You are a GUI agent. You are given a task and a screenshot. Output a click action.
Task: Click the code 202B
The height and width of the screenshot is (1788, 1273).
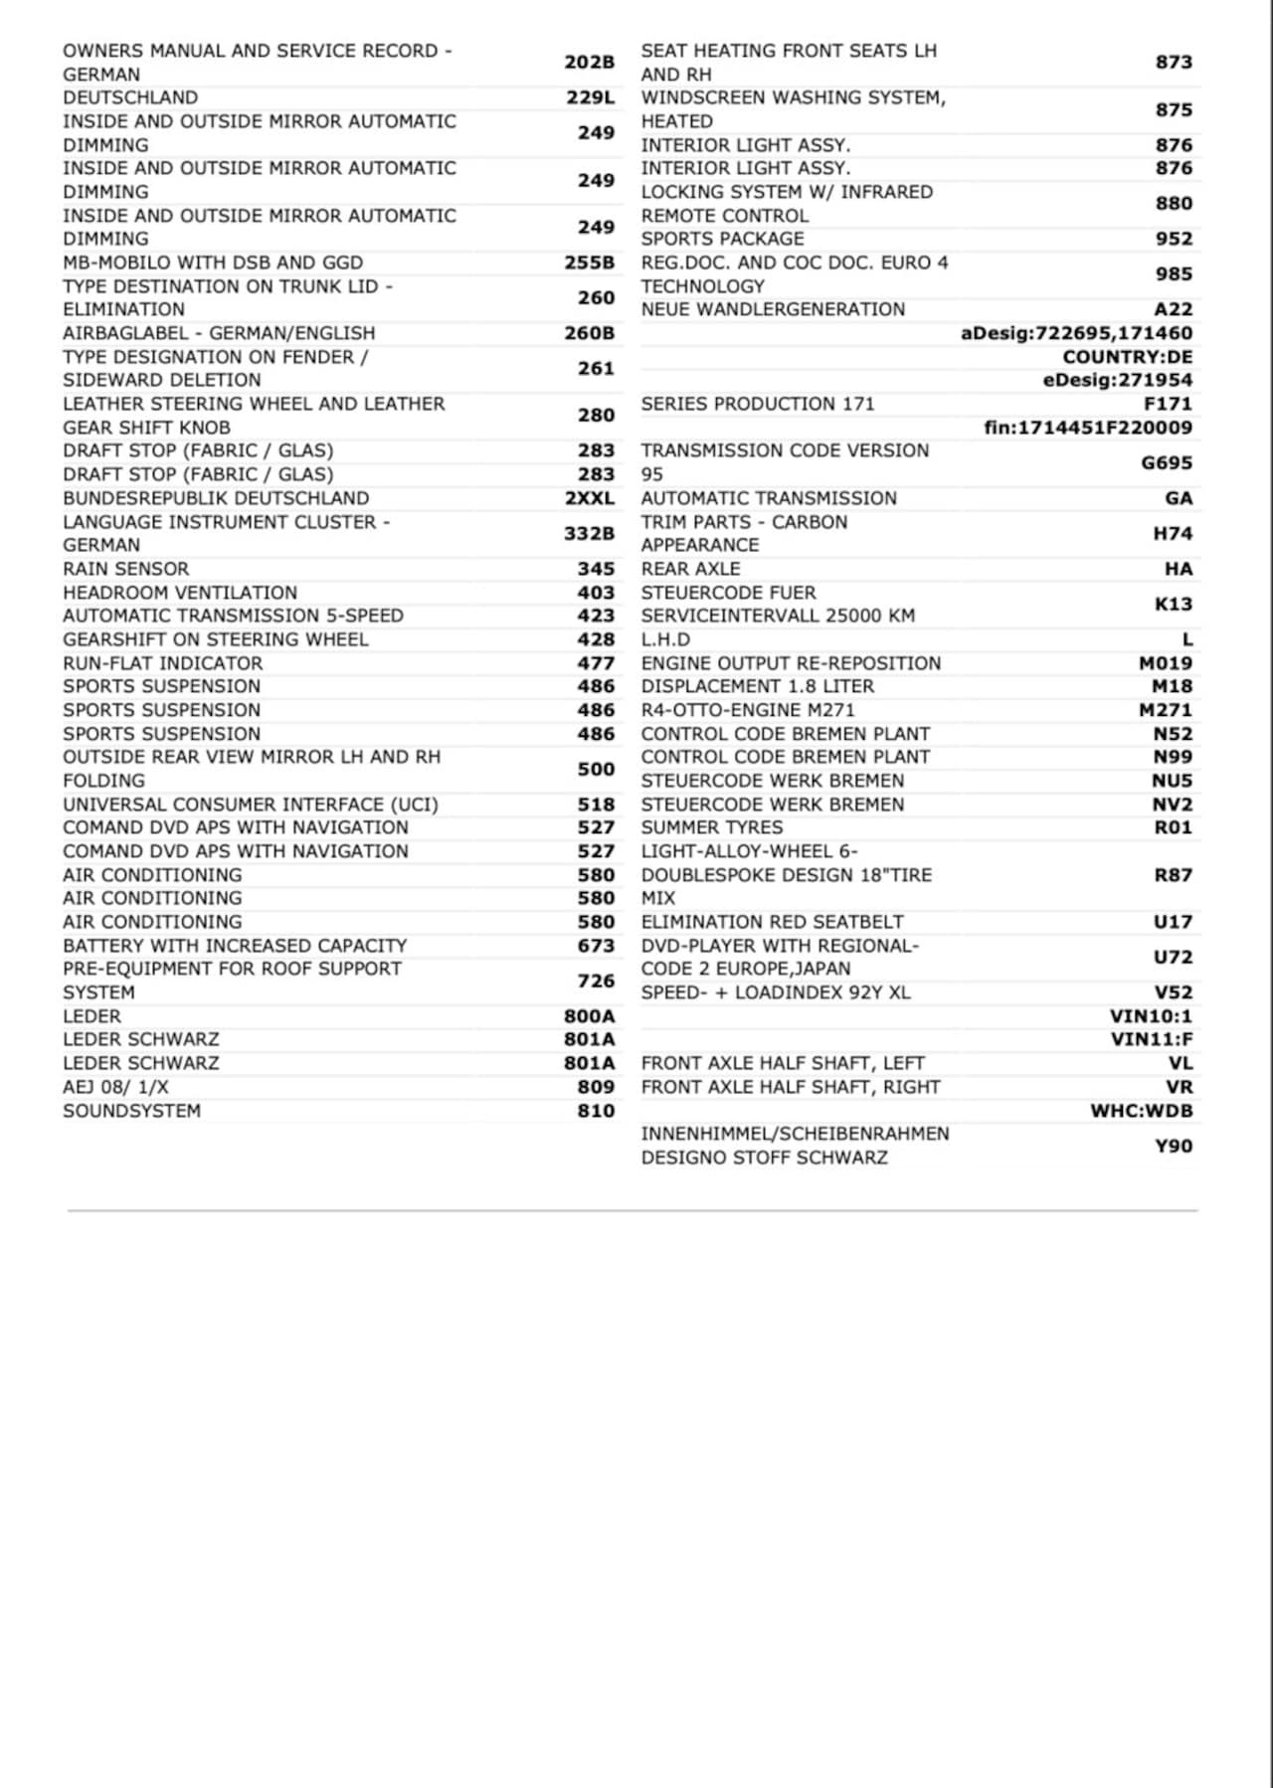[x=589, y=62]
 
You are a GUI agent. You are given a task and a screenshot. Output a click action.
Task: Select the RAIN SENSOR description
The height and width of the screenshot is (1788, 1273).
[x=125, y=569]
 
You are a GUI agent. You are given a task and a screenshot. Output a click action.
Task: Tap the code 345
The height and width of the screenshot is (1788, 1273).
[x=596, y=569]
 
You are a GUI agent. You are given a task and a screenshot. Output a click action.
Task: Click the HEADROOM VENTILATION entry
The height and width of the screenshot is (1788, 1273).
[x=180, y=593]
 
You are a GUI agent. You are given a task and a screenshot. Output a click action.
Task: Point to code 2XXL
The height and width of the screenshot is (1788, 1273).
[x=589, y=498]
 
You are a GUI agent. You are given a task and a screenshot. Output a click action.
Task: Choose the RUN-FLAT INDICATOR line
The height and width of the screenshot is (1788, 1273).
[x=163, y=663]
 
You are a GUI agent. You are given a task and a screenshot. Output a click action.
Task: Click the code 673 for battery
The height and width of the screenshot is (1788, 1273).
[x=596, y=946]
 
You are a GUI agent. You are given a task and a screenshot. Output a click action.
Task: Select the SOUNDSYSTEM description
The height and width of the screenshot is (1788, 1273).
[x=131, y=1111]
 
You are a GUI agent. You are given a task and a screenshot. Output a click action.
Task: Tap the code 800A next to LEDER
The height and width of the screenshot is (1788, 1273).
[x=589, y=1016]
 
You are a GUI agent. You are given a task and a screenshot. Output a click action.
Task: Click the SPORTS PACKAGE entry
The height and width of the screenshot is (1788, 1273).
[x=722, y=239]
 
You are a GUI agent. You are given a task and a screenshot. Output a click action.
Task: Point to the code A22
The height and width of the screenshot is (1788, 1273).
[x=1173, y=309]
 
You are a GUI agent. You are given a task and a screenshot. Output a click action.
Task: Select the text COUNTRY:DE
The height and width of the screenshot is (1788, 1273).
[x=1127, y=357]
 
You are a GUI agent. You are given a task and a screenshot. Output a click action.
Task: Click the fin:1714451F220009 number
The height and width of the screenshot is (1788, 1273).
[x=1088, y=428]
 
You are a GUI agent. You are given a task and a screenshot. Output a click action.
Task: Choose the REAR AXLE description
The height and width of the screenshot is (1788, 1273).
[x=690, y=569]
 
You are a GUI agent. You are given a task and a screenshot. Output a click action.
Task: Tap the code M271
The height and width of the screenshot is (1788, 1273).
[x=1165, y=710]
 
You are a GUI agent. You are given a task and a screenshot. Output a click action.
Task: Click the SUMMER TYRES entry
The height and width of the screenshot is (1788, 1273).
[x=711, y=827]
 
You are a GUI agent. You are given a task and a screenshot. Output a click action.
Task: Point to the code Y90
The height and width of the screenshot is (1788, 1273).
[x=1173, y=1146]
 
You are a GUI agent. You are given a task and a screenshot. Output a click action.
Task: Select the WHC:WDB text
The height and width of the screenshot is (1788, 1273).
[x=1141, y=1111]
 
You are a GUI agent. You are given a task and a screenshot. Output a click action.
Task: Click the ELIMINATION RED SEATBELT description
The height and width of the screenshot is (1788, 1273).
[x=772, y=922]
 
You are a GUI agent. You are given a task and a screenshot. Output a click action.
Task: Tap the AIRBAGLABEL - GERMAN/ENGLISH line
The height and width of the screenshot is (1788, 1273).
[x=219, y=333]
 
